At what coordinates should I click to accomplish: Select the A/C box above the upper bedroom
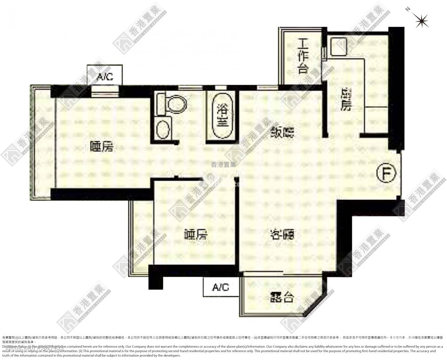104,76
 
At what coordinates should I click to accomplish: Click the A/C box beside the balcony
221,287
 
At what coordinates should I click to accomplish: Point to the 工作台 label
302,58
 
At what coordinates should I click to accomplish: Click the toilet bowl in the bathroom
175,103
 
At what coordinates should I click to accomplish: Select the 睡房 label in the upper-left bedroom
102,147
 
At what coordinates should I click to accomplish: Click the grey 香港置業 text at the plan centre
223,165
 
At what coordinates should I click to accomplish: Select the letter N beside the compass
408,9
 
